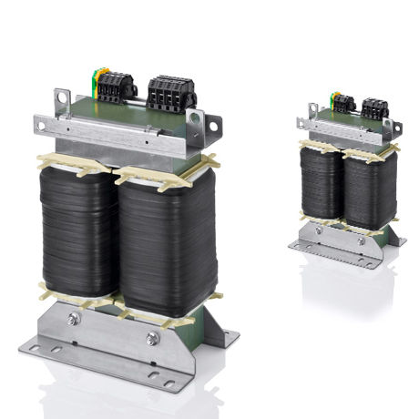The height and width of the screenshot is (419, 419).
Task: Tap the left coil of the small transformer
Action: (x=322, y=183)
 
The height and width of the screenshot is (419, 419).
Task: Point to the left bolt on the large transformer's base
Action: (x=74, y=320)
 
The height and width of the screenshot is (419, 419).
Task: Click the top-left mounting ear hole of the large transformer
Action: (x=63, y=95)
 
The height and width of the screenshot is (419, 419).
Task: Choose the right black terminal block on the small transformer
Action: (x=373, y=107)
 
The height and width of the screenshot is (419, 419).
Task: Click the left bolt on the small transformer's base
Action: (x=319, y=230)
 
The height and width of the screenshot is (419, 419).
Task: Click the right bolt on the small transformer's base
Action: (x=362, y=240)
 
